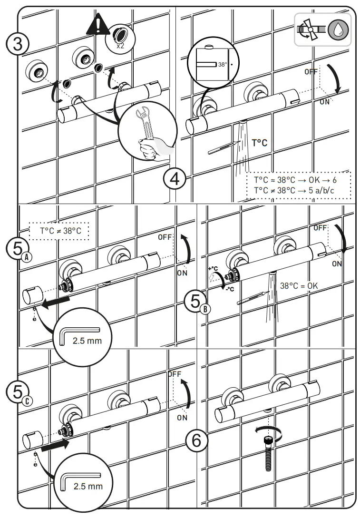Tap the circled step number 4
[x=175, y=180]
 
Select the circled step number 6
[x=196, y=441]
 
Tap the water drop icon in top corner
[x=338, y=29]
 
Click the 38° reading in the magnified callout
[x=223, y=64]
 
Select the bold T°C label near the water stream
[x=260, y=142]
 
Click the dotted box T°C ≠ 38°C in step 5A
[x=58, y=231]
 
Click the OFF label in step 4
[x=311, y=72]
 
